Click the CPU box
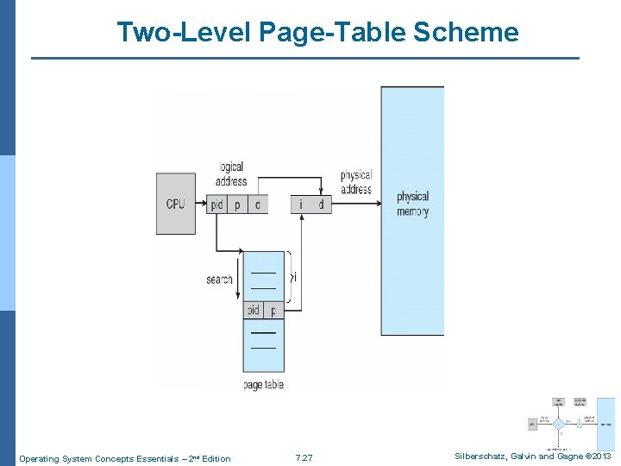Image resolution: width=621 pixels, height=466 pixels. point(176,204)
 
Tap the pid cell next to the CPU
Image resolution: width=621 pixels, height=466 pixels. point(217,205)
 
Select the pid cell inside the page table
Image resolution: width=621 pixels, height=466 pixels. point(253,310)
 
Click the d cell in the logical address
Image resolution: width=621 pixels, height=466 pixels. point(258,205)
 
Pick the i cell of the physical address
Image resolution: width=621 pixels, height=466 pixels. point(301,205)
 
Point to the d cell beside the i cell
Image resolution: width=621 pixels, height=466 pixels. point(321,205)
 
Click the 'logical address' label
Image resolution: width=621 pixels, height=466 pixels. point(231,173)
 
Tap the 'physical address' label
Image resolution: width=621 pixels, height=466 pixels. point(355,182)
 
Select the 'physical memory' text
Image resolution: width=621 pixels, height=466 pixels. point(412,204)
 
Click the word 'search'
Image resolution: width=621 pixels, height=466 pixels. point(219,279)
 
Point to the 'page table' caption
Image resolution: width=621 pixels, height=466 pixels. point(263,384)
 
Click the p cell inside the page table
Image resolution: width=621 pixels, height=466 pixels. point(273,310)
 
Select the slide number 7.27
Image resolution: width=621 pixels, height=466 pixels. point(304,458)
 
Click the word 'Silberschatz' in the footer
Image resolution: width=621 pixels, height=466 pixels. point(484,457)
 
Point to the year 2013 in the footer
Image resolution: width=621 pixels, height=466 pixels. point(601,457)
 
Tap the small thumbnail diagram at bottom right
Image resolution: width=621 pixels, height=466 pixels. point(571,424)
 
